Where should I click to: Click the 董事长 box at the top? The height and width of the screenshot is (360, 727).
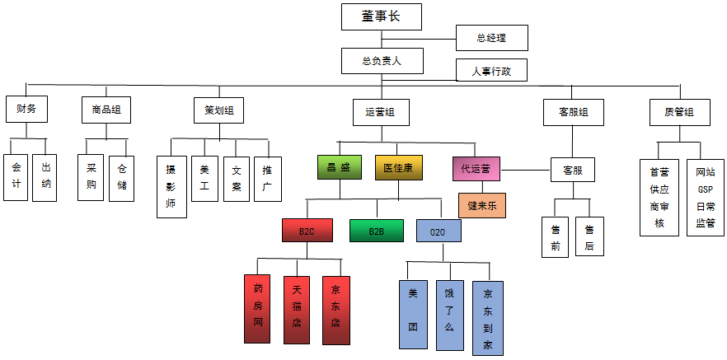[x=381, y=16]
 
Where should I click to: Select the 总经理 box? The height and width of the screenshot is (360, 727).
[x=491, y=38]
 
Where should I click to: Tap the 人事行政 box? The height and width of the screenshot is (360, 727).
[x=491, y=71]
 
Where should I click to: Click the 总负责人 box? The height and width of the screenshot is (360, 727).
[x=381, y=60]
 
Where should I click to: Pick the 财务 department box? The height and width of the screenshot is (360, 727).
[x=26, y=110]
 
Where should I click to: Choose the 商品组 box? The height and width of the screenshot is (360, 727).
[x=106, y=110]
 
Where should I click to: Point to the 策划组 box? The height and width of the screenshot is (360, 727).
[x=218, y=110]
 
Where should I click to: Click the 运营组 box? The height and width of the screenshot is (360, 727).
[x=381, y=111]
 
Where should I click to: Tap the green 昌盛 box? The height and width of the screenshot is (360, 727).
[x=340, y=168]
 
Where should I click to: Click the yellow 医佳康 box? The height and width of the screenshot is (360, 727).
[x=398, y=168]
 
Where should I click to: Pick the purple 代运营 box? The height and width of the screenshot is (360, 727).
[x=476, y=168]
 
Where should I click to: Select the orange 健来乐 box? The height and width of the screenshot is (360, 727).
[x=482, y=205]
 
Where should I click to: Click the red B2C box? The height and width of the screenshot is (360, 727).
[x=307, y=231]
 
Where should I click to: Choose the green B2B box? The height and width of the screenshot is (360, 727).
[x=377, y=231]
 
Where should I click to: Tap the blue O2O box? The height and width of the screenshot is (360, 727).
[x=438, y=231]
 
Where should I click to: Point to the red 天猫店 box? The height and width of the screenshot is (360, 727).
[x=297, y=310]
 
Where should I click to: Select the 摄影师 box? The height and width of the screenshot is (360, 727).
[x=171, y=186]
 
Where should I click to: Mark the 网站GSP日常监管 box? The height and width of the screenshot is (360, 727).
[x=705, y=198]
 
